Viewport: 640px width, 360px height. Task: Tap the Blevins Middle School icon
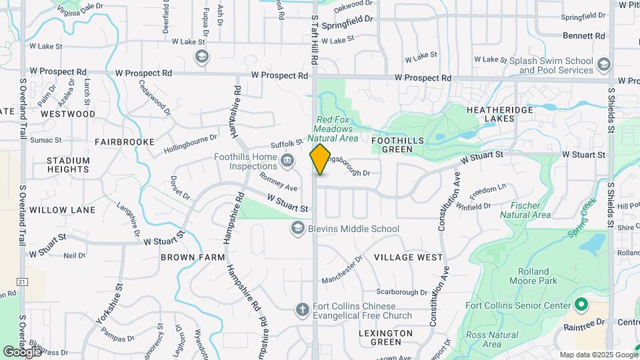pyautogui.click(x=297, y=229)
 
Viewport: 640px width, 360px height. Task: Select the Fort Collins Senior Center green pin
pyautogui.click(x=580, y=305)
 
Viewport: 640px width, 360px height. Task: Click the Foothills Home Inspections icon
pyautogui.click(x=287, y=161)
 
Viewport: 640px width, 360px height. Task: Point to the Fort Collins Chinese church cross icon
pyautogui.click(x=301, y=309)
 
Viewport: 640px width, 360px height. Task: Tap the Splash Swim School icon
pyautogui.click(x=604, y=65)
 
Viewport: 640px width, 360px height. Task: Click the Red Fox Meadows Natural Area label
pyautogui.click(x=337, y=129)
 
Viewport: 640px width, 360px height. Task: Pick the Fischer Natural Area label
pyautogui.click(x=525, y=210)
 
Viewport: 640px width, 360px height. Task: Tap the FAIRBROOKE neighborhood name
pyautogui.click(x=124, y=142)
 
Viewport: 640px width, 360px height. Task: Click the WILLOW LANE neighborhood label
pyautogui.click(x=62, y=210)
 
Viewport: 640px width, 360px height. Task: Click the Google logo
pyautogui.click(x=22, y=351)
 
